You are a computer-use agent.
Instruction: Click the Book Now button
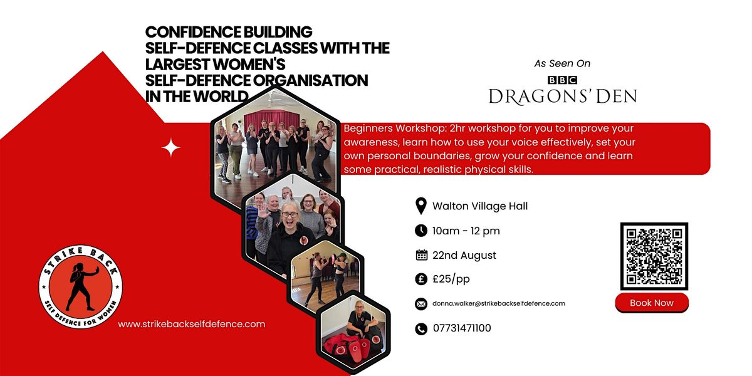pos(652,303)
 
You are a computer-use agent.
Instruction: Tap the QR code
pos(654,256)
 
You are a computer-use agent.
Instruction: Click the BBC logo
pos(562,80)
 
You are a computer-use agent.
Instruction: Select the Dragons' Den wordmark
pos(563,97)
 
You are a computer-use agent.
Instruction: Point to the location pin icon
pos(421,206)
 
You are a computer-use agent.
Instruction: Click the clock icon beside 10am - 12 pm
pos(421,231)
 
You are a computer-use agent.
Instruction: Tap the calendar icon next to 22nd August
pos(421,255)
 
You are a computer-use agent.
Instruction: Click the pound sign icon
pos(421,279)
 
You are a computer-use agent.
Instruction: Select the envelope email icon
pos(421,304)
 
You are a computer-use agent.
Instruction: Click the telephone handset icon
pos(421,328)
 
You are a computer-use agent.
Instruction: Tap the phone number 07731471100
pos(462,328)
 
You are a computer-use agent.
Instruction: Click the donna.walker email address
pos(499,303)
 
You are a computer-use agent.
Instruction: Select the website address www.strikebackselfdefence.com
pos(191,324)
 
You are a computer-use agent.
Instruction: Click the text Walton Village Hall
pos(480,206)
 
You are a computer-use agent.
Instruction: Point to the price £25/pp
pos(451,279)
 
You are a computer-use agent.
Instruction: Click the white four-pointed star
pos(170,147)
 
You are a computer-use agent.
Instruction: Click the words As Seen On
pos(562,63)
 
